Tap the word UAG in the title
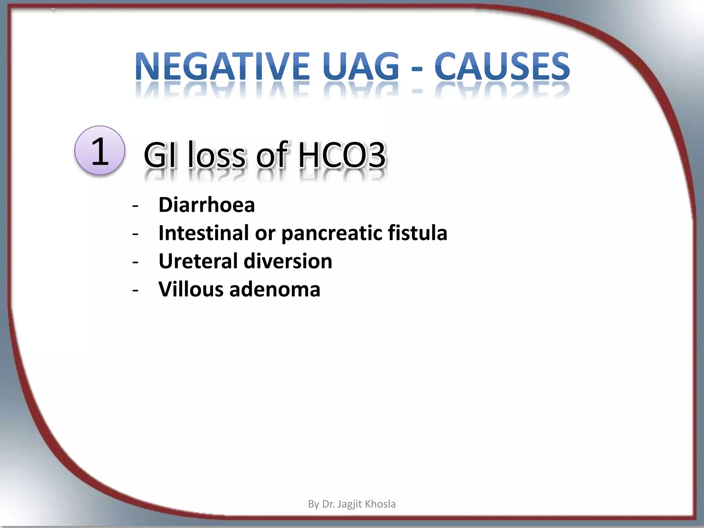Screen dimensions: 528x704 pyautogui.click(x=361, y=66)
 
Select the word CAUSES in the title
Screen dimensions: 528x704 pyautogui.click(x=502, y=66)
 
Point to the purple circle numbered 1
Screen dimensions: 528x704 pyautogui.click(x=100, y=151)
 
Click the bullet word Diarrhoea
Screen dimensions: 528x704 pyautogui.click(x=207, y=205)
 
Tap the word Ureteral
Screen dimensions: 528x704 pyautogui.click(x=198, y=261)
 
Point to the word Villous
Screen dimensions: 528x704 pyautogui.click(x=191, y=289)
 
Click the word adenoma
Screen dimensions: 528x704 pyautogui.click(x=275, y=289)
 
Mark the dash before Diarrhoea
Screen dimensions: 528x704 pyautogui.click(x=135, y=206)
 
